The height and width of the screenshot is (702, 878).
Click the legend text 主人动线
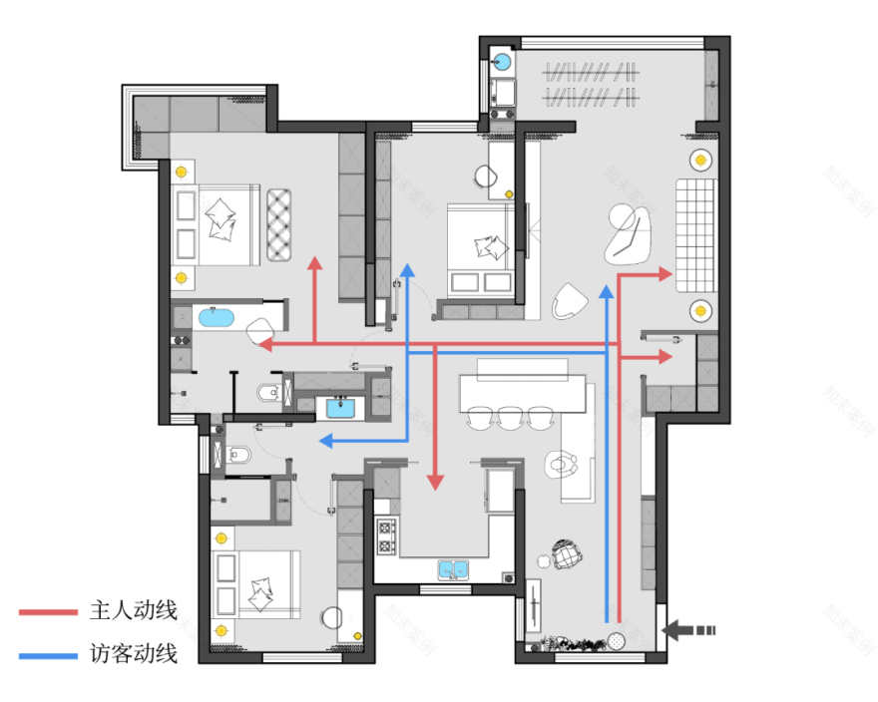click(x=133, y=610)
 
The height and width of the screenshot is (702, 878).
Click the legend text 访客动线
click(x=133, y=654)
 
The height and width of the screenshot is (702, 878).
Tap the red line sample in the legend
click(x=48, y=611)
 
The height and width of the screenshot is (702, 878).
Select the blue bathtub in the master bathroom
click(x=217, y=319)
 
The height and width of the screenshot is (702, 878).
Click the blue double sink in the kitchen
click(x=454, y=570)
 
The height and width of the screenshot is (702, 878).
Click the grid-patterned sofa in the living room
click(x=696, y=234)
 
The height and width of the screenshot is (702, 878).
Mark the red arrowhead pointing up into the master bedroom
click(x=314, y=265)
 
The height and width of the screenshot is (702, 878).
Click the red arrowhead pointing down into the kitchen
click(x=435, y=483)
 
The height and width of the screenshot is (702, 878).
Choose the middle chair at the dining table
click(x=511, y=416)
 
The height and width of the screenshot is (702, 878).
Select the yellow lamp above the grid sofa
click(x=699, y=159)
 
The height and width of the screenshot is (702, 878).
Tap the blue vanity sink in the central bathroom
click(x=341, y=407)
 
